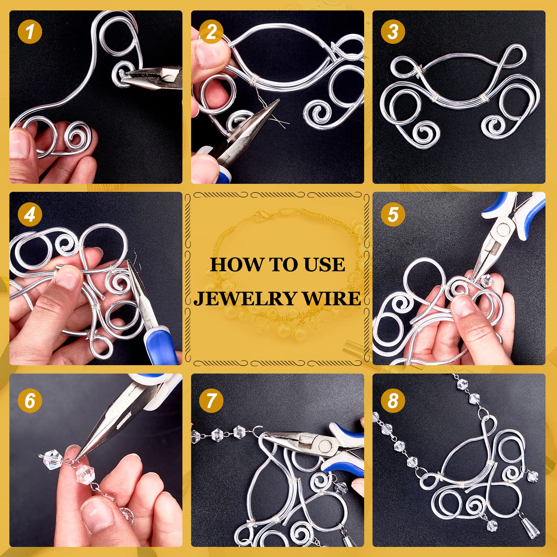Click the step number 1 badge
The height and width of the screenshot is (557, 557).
30,31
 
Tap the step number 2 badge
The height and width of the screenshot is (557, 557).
211,31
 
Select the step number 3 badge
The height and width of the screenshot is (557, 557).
393,31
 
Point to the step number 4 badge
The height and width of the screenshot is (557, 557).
30,214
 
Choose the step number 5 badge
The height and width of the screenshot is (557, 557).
393,214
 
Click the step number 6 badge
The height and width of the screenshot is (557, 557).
30,400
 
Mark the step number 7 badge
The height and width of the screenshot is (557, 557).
211,400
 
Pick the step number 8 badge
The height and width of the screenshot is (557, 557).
393,400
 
